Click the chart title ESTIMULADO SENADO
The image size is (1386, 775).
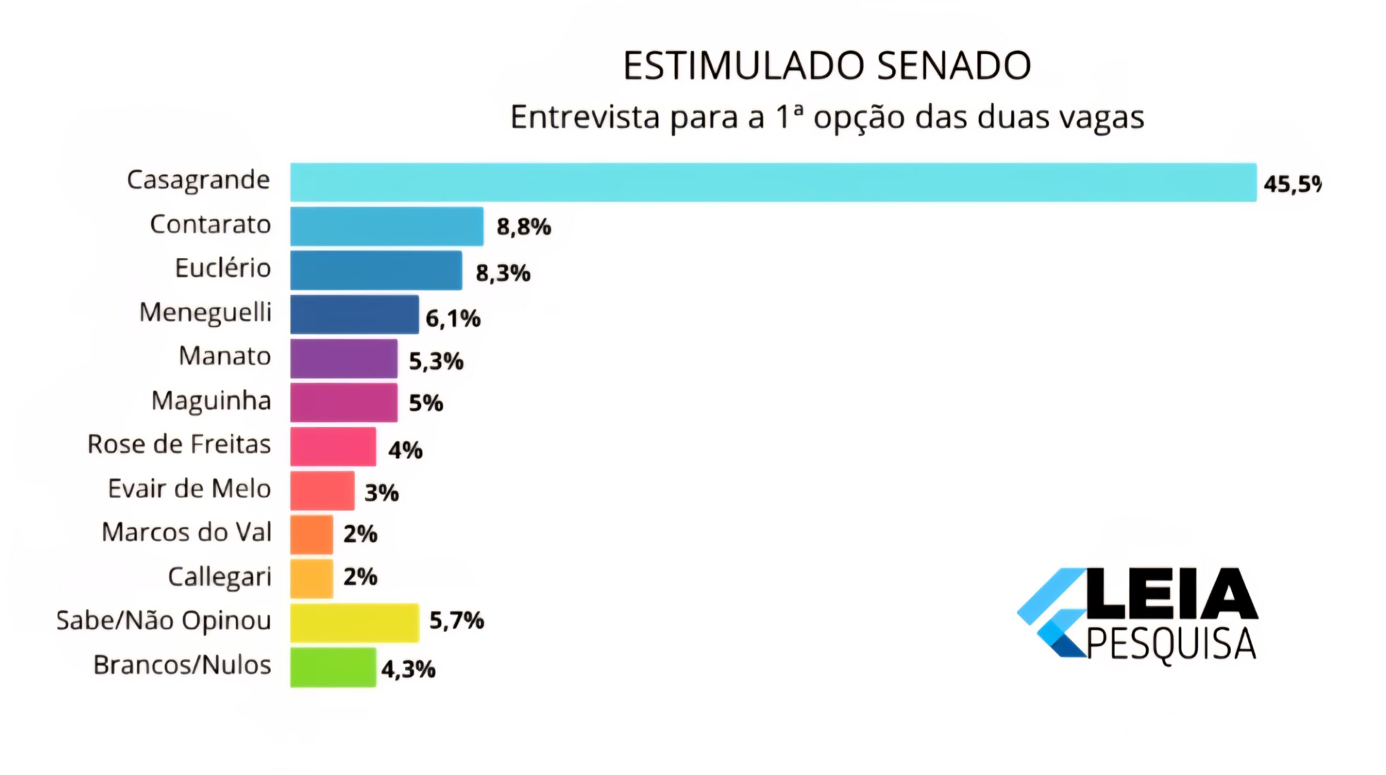point(827,66)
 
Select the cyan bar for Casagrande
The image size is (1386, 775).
point(773,183)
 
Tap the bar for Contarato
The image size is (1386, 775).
point(387,226)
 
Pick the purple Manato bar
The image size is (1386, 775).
point(344,359)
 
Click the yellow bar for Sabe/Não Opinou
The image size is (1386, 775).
point(355,623)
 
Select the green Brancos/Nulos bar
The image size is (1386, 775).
point(333,667)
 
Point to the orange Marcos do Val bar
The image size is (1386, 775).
point(311,535)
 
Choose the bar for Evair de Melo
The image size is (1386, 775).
point(322,491)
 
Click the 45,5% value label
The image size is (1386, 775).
point(1292,184)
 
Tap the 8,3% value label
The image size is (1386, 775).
point(503,273)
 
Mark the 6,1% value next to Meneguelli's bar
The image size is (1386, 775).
point(453,318)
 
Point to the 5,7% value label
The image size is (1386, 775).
point(456,620)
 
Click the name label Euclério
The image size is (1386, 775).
point(223,268)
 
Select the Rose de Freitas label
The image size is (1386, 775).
point(179,444)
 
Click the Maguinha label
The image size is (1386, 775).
point(211,401)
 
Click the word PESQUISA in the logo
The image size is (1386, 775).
point(1172,644)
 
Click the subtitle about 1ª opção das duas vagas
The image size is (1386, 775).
point(827,117)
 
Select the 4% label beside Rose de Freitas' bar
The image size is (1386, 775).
point(405,450)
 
